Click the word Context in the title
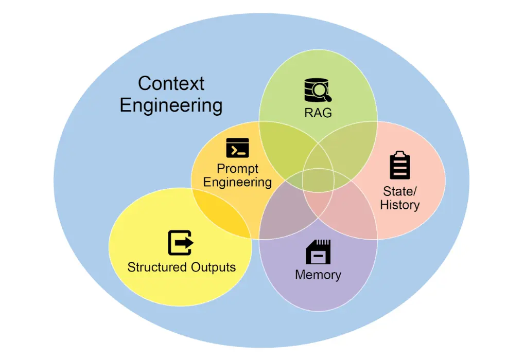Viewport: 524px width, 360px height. click(171, 83)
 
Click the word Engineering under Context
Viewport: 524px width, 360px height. click(171, 105)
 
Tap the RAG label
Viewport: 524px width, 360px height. click(318, 113)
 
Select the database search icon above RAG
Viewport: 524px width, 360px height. click(318, 91)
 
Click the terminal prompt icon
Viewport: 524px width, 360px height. click(237, 148)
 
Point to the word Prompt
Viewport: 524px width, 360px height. click(237, 168)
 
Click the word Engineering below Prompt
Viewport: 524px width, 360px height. click(237, 182)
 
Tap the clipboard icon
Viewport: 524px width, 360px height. click(400, 165)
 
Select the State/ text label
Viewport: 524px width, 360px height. click(400, 191)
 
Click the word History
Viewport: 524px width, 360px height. click(400, 205)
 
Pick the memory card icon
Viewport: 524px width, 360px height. click(318, 252)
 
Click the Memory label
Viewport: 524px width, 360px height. click(318, 275)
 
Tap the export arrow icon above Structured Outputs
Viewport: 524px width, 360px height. click(180, 243)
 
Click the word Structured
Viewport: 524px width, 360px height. click(157, 267)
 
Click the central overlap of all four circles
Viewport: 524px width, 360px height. click(318, 180)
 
